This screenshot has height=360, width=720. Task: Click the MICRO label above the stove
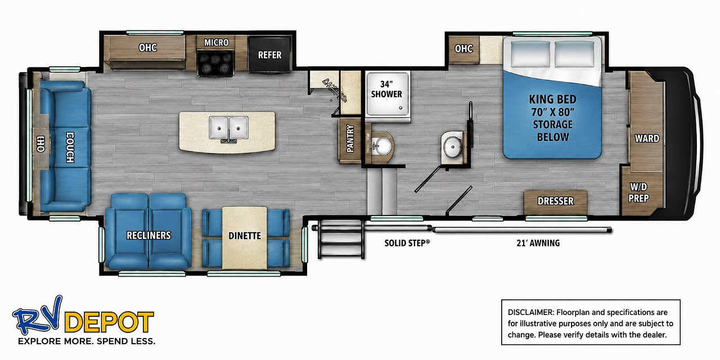pyautogui.click(x=217, y=42)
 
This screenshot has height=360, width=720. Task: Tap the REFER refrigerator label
pyautogui.click(x=269, y=55)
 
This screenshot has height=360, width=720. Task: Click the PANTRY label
pyautogui.click(x=350, y=138)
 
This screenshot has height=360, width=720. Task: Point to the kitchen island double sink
pyautogui.click(x=228, y=128)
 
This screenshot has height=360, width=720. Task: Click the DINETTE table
pyautogui.click(x=245, y=238)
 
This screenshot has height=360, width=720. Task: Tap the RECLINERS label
pyautogui.click(x=148, y=236)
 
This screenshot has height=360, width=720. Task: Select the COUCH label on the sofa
pyautogui.click(x=70, y=147)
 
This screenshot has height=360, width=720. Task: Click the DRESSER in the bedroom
pyautogui.click(x=555, y=202)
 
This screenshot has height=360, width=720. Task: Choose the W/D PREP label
pyautogui.click(x=638, y=192)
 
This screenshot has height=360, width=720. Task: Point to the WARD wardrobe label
pyautogui.click(x=647, y=138)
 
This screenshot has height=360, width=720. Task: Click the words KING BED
pyautogui.click(x=552, y=100)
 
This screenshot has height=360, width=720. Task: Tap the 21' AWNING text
pyautogui.click(x=538, y=243)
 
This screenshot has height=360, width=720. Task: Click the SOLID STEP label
pyautogui.click(x=407, y=243)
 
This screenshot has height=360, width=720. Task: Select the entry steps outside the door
pyautogui.click(x=341, y=240)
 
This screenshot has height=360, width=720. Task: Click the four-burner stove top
pyautogui.click(x=215, y=63)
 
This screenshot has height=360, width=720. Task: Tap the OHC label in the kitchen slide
pyautogui.click(x=148, y=48)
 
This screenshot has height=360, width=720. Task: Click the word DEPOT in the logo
pyautogui.click(x=109, y=322)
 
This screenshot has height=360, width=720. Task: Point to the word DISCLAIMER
pyautogui.click(x=530, y=312)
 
